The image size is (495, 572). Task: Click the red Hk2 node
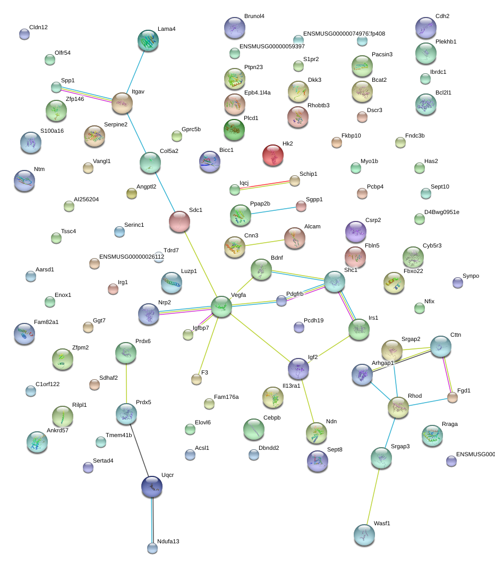click(273, 155)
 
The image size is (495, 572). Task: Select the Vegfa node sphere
click(221, 307)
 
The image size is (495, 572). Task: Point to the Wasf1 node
click(364, 535)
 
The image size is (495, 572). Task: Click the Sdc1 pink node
click(180, 221)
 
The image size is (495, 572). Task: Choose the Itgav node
click(122, 103)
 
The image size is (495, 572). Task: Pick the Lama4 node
click(148, 40)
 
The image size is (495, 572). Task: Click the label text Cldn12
click(38, 27)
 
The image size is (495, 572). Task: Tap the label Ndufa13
click(168, 542)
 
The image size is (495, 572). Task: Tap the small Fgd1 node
click(452, 397)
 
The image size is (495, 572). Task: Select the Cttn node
click(440, 346)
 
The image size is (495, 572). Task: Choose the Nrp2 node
click(149, 314)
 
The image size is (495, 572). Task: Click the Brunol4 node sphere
click(234, 28)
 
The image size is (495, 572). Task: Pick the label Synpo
click(471, 276)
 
